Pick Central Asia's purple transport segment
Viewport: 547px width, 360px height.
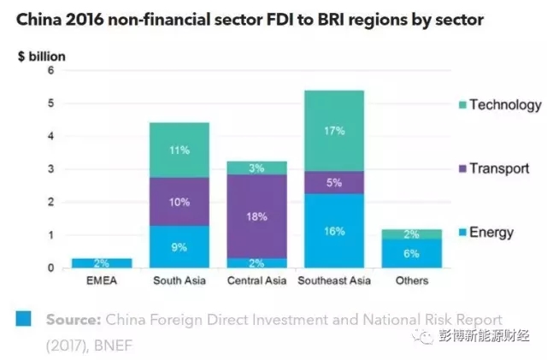coord(257,216)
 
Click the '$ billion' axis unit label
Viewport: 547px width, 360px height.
coord(42,56)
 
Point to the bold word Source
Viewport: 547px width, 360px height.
coord(72,319)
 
